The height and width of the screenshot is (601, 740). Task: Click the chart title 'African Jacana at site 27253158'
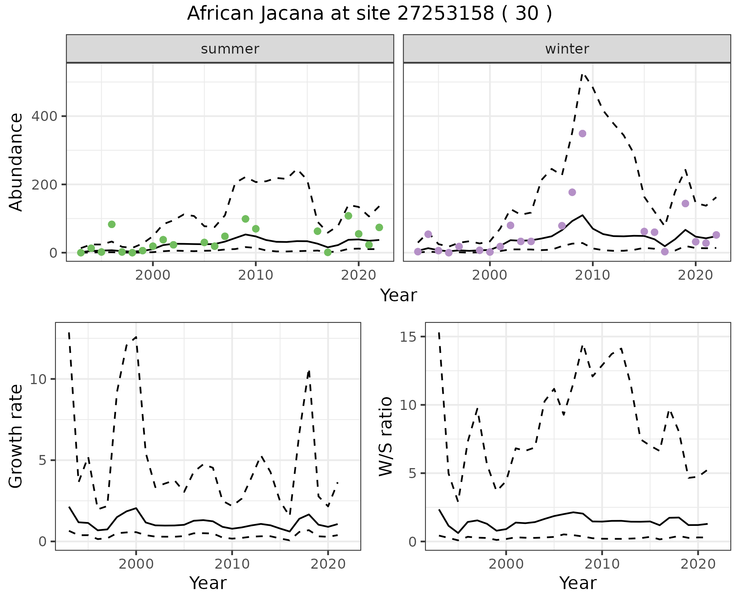[x=369, y=14]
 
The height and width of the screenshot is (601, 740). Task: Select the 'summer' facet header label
[x=230, y=49]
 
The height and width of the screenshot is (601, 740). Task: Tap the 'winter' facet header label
[x=567, y=49]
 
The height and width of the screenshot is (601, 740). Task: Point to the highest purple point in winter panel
[x=582, y=134]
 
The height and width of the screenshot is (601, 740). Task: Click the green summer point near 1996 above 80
[x=112, y=225]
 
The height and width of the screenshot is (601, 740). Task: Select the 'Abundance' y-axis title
[x=16, y=162]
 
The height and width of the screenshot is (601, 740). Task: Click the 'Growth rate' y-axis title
[x=16, y=436]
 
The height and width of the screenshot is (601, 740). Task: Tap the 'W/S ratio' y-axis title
[x=386, y=436]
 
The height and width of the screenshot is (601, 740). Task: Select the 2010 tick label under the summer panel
[x=256, y=275]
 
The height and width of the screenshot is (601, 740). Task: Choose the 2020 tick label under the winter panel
[x=695, y=275]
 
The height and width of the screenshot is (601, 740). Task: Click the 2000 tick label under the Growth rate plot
[x=136, y=564]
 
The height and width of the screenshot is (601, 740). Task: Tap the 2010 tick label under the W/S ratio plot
[x=602, y=564]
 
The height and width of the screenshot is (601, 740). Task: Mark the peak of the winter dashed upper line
[x=582, y=74]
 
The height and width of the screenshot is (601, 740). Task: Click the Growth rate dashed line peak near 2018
[x=309, y=371]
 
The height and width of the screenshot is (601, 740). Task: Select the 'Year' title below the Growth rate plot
[x=208, y=583]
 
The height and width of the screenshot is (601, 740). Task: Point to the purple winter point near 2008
[x=572, y=192]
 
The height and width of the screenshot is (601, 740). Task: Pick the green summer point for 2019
[x=348, y=216]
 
